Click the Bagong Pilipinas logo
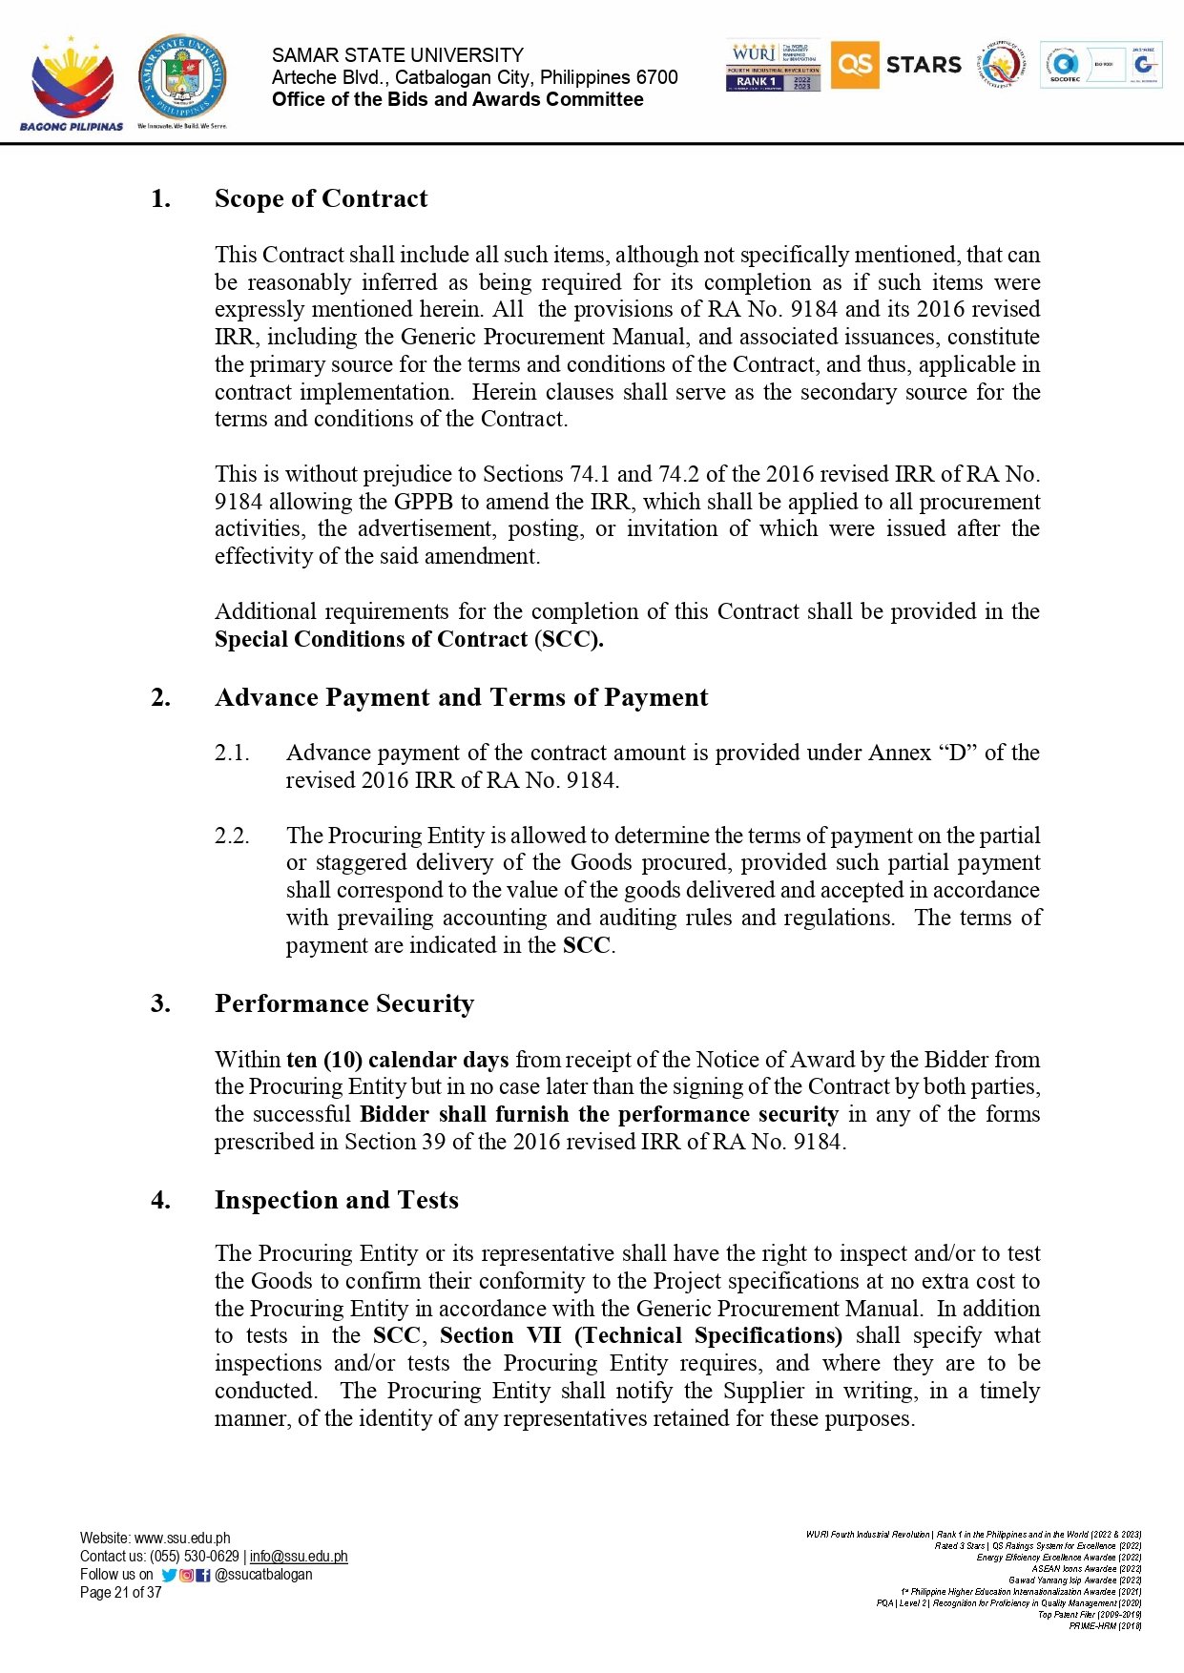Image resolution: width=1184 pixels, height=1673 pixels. tap(72, 84)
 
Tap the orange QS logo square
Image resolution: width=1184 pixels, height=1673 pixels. tap(854, 65)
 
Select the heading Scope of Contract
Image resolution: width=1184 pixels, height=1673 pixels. tap(321, 198)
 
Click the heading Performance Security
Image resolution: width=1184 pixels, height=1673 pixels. tap(343, 1003)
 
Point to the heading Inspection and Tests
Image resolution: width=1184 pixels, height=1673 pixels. tap(336, 1200)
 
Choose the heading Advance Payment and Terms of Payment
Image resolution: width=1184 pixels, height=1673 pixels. tap(461, 697)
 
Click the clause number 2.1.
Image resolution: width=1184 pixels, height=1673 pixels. tap(232, 753)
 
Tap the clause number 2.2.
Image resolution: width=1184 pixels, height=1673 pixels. tap(232, 836)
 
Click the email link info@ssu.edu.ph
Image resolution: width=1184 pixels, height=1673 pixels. tap(299, 1557)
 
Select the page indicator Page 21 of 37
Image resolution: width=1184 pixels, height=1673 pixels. tap(121, 1593)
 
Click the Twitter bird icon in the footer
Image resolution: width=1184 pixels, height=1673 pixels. tap(169, 1575)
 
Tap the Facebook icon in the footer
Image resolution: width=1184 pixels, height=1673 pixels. tap(203, 1575)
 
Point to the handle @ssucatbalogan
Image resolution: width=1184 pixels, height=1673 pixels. tap(263, 1575)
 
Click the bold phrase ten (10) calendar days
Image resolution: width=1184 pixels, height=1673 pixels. tap(397, 1060)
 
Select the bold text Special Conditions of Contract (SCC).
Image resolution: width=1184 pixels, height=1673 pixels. tap(408, 639)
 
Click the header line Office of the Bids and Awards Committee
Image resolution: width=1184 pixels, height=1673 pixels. tap(457, 99)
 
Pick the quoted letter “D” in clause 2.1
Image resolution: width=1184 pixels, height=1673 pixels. tap(957, 753)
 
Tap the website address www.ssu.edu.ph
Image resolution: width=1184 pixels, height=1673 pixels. tap(182, 1539)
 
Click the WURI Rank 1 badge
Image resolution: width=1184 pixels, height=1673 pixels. tap(773, 66)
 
